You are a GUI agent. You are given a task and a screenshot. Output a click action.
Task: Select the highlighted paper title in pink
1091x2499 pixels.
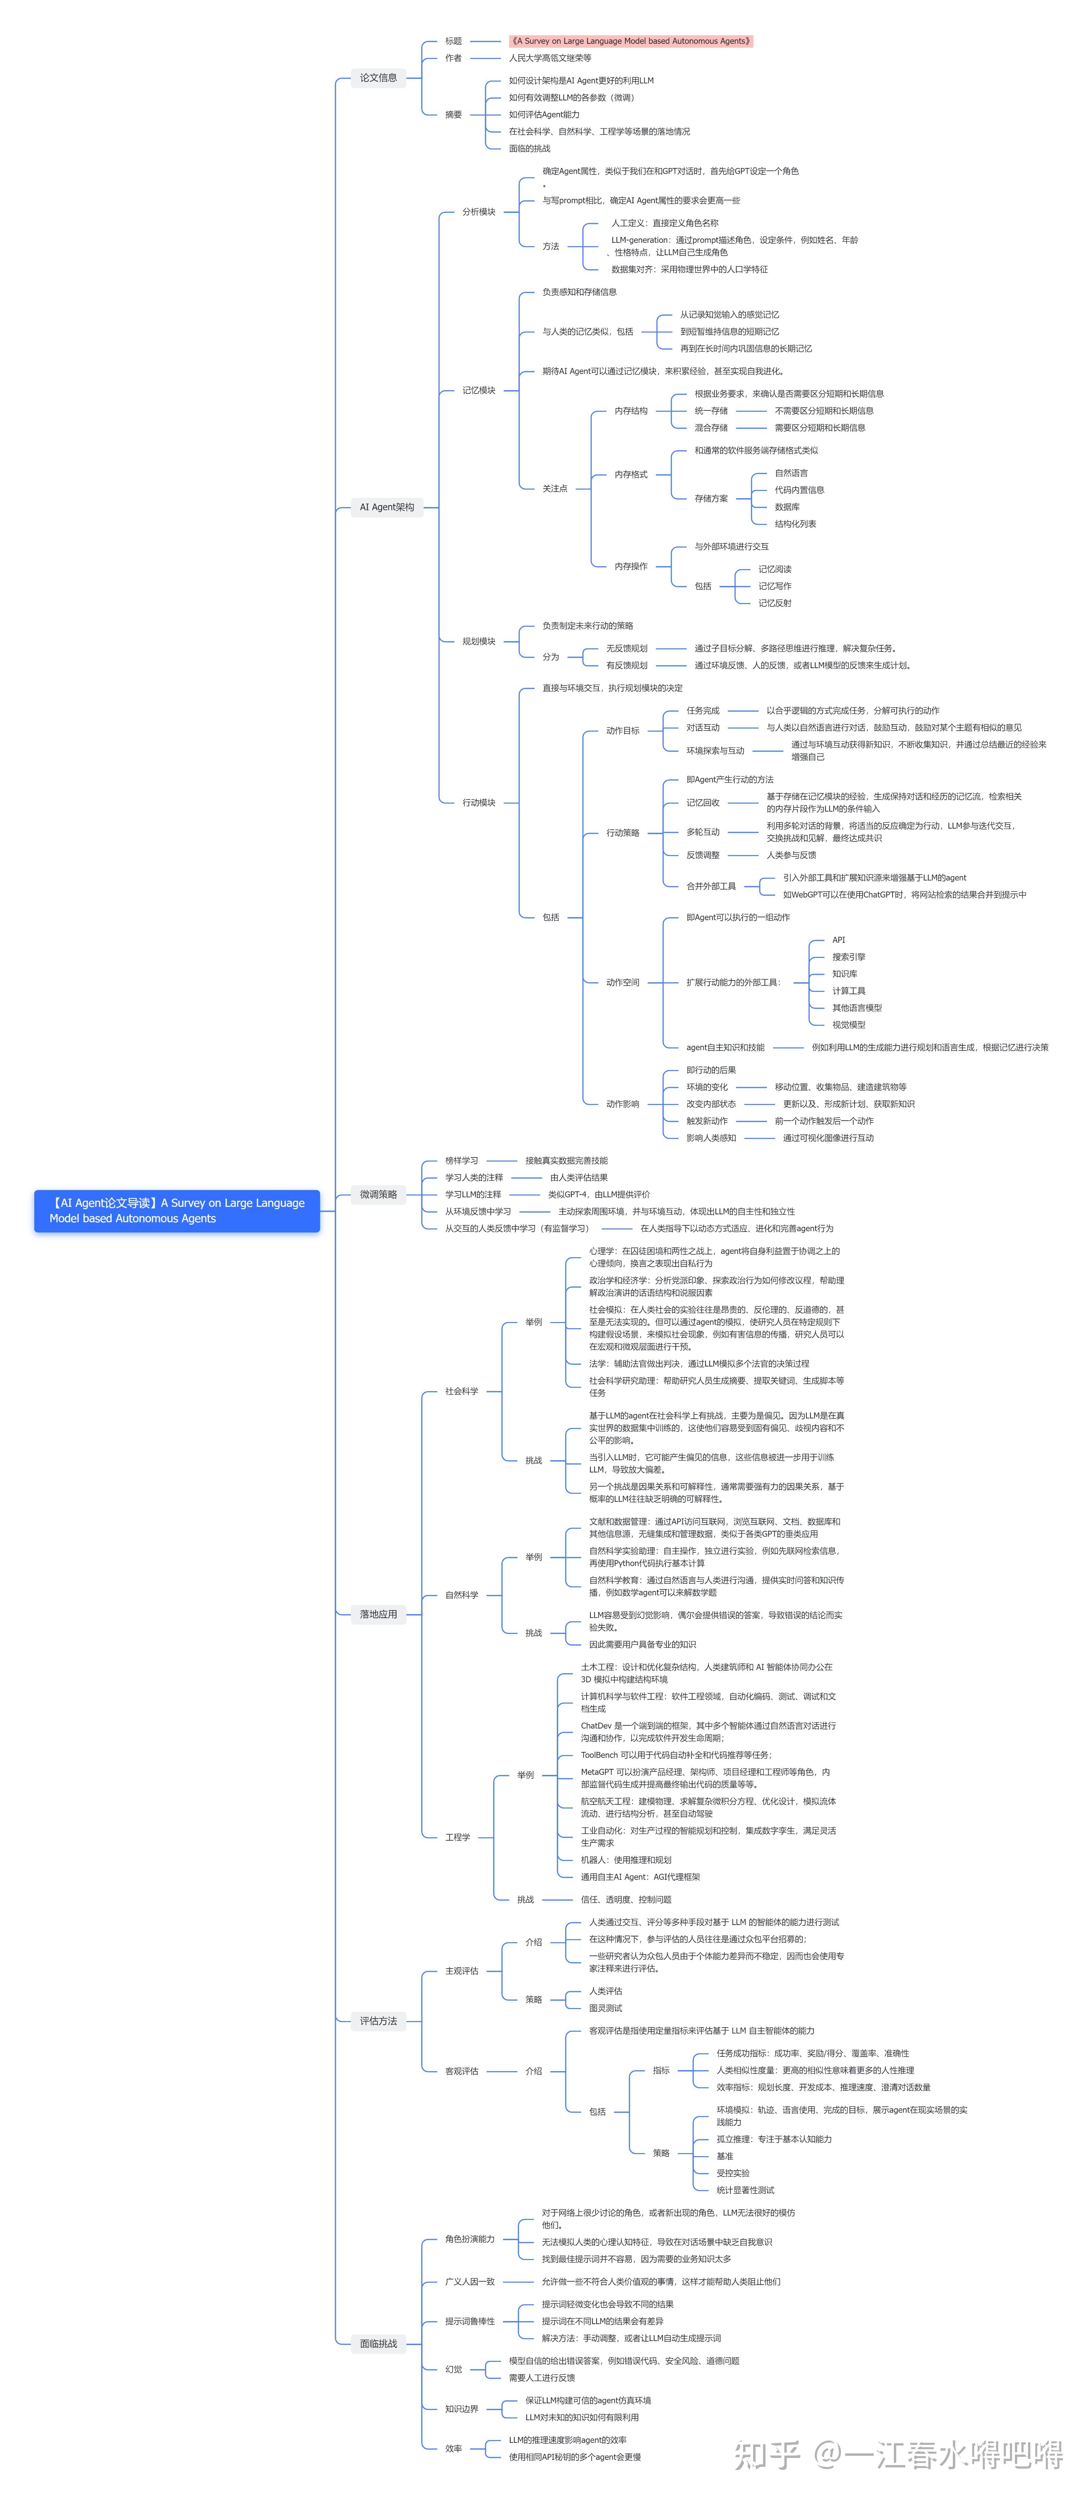click(630, 41)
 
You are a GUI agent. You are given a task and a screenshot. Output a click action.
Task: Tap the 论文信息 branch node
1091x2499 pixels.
click(378, 77)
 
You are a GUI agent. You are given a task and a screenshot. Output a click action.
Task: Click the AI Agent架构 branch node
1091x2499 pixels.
click(387, 506)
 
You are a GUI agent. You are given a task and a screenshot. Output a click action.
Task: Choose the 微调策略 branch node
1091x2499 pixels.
click(378, 1194)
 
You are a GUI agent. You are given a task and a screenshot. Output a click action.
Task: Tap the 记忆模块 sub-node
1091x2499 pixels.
click(478, 390)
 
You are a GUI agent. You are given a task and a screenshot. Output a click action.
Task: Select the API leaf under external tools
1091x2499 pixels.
click(838, 939)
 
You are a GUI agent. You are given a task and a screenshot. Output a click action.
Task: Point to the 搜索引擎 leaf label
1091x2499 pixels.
click(848, 957)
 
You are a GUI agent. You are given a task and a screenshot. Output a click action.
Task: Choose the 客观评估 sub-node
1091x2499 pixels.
click(462, 2071)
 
